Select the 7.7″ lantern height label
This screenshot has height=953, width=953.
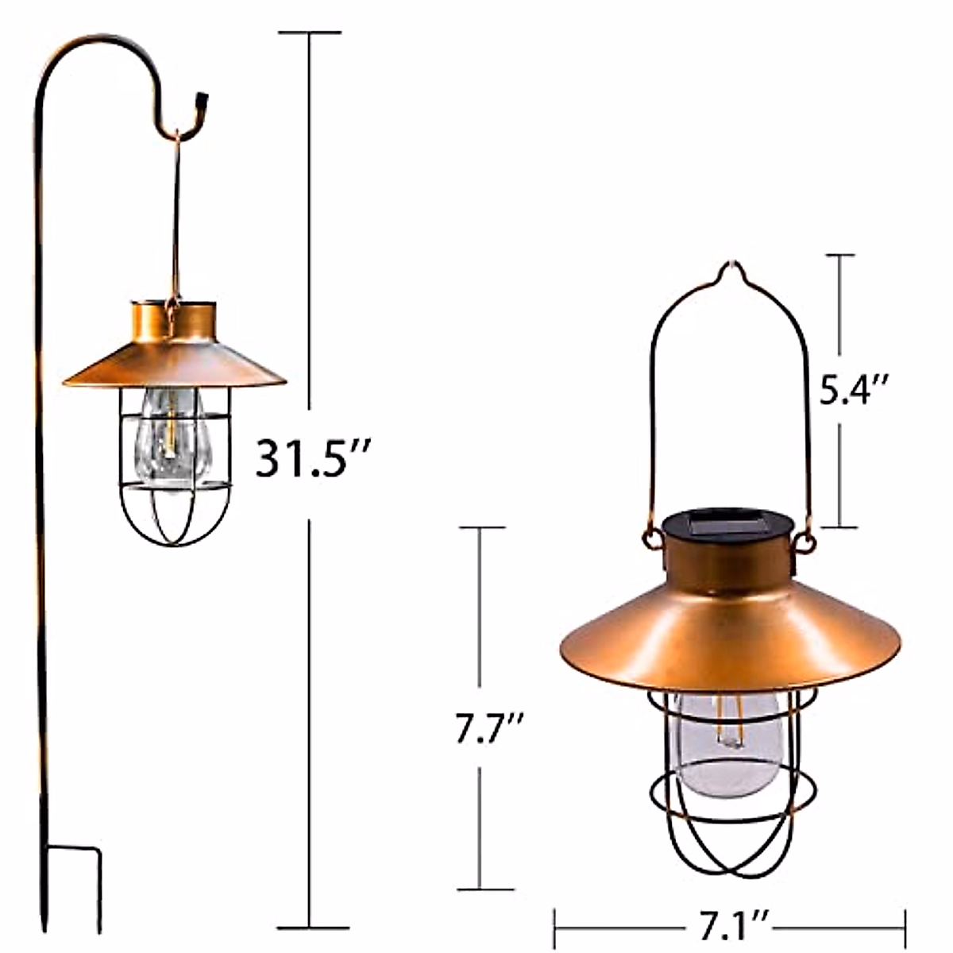[489, 728]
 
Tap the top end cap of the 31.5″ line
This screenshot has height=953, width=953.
[310, 33]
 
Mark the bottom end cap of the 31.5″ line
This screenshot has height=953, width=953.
[311, 926]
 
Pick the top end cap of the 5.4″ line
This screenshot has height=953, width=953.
[840, 255]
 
